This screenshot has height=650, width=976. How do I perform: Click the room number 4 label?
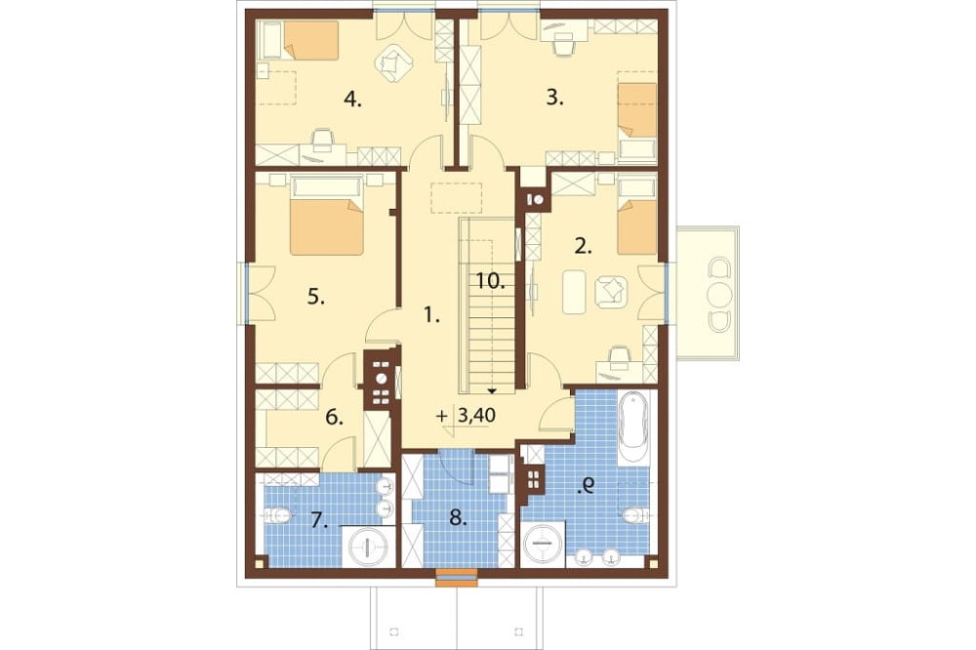[352, 100]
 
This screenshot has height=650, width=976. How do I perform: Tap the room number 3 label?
[554, 98]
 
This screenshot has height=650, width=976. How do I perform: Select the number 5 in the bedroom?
[316, 298]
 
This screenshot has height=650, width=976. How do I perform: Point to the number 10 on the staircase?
[491, 281]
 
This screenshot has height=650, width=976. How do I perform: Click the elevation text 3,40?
[477, 415]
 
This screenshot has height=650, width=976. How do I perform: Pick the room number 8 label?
[458, 518]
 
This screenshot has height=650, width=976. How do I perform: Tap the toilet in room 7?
[277, 515]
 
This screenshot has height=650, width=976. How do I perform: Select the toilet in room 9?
[636, 515]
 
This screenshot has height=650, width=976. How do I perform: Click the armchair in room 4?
[392, 63]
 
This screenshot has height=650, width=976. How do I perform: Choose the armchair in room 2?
[611, 292]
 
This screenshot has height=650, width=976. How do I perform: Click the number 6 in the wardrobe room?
[334, 418]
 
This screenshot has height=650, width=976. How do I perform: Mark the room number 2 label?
[583, 247]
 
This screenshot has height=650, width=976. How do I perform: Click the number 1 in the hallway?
[430, 316]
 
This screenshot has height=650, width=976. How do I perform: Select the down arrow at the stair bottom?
[492, 391]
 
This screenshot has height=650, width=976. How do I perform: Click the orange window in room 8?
[456, 577]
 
